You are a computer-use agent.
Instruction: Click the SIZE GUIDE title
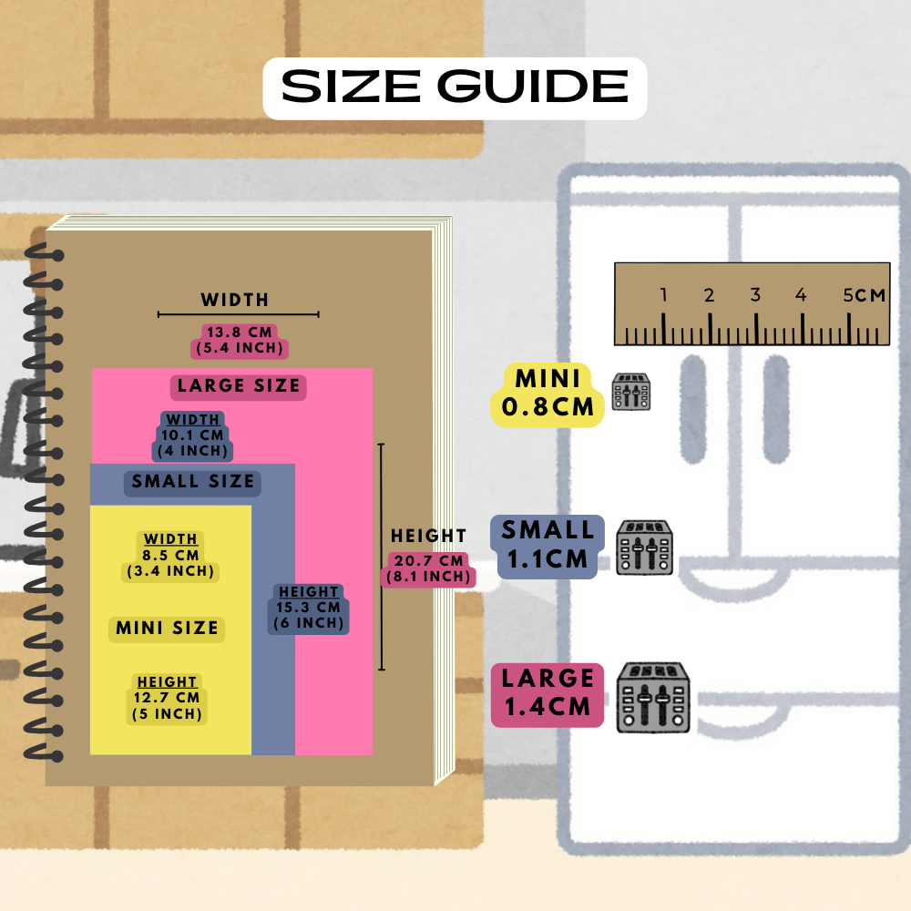455,87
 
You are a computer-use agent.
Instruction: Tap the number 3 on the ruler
755,294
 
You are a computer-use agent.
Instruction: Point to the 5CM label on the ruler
864,295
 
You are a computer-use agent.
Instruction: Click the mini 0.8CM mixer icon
631,392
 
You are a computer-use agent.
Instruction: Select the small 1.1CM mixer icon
644,548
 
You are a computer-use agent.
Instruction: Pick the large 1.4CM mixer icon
653,697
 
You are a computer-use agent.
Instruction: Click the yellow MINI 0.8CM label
548,394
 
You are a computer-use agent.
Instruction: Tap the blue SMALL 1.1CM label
548,546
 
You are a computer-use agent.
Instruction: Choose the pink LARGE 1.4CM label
548,694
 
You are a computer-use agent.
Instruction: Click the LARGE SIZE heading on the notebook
238,386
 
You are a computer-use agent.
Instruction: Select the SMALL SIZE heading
192,482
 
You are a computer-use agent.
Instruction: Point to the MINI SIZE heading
167,629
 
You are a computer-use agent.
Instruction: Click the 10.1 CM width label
192,435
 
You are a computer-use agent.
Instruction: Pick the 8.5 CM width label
170,556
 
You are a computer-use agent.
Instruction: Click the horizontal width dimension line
238,314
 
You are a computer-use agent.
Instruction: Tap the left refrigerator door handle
692,410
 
